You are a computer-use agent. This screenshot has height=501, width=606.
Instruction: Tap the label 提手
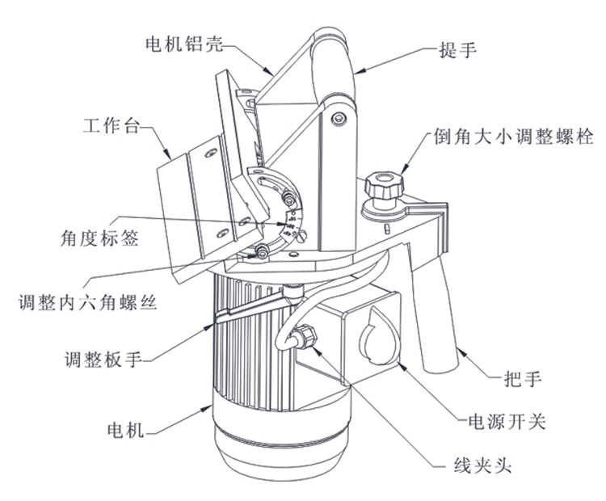pyautogui.click(x=458, y=50)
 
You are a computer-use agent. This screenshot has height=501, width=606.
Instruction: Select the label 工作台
pyautogui.click(x=113, y=127)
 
